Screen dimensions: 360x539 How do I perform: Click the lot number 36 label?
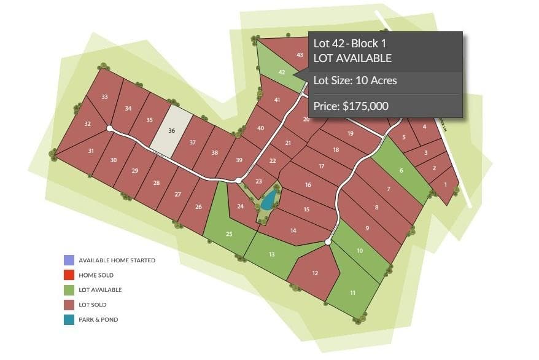tap(172, 131)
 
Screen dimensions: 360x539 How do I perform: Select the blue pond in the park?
tap(268, 200)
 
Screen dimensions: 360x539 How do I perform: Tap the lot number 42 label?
tap(282, 72)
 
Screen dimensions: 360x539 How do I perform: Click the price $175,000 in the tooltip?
tap(351, 106)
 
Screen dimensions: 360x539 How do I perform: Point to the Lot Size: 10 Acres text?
tap(355, 80)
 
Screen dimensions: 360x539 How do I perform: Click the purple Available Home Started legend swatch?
tap(69, 260)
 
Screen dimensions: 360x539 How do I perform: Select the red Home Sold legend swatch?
tap(69, 275)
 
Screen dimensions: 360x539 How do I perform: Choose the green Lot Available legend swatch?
tap(69, 290)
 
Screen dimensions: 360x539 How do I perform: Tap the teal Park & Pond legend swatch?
tap(69, 319)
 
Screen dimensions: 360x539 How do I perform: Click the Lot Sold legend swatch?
tap(69, 305)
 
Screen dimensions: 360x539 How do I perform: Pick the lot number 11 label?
tap(352, 293)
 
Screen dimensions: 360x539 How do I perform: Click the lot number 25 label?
tap(229, 234)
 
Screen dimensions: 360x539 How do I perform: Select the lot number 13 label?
tap(271, 254)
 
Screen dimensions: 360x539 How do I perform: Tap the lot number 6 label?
tap(401, 170)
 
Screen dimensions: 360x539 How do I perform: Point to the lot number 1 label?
tap(445, 184)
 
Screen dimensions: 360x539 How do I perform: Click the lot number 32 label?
tap(87, 124)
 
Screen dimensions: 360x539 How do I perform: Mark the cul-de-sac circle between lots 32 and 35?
tap(109, 129)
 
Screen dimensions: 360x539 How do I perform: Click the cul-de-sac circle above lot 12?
tap(328, 243)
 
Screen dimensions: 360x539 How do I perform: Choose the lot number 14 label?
tap(293, 230)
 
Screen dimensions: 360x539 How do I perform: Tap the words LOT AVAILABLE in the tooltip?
tap(352, 58)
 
